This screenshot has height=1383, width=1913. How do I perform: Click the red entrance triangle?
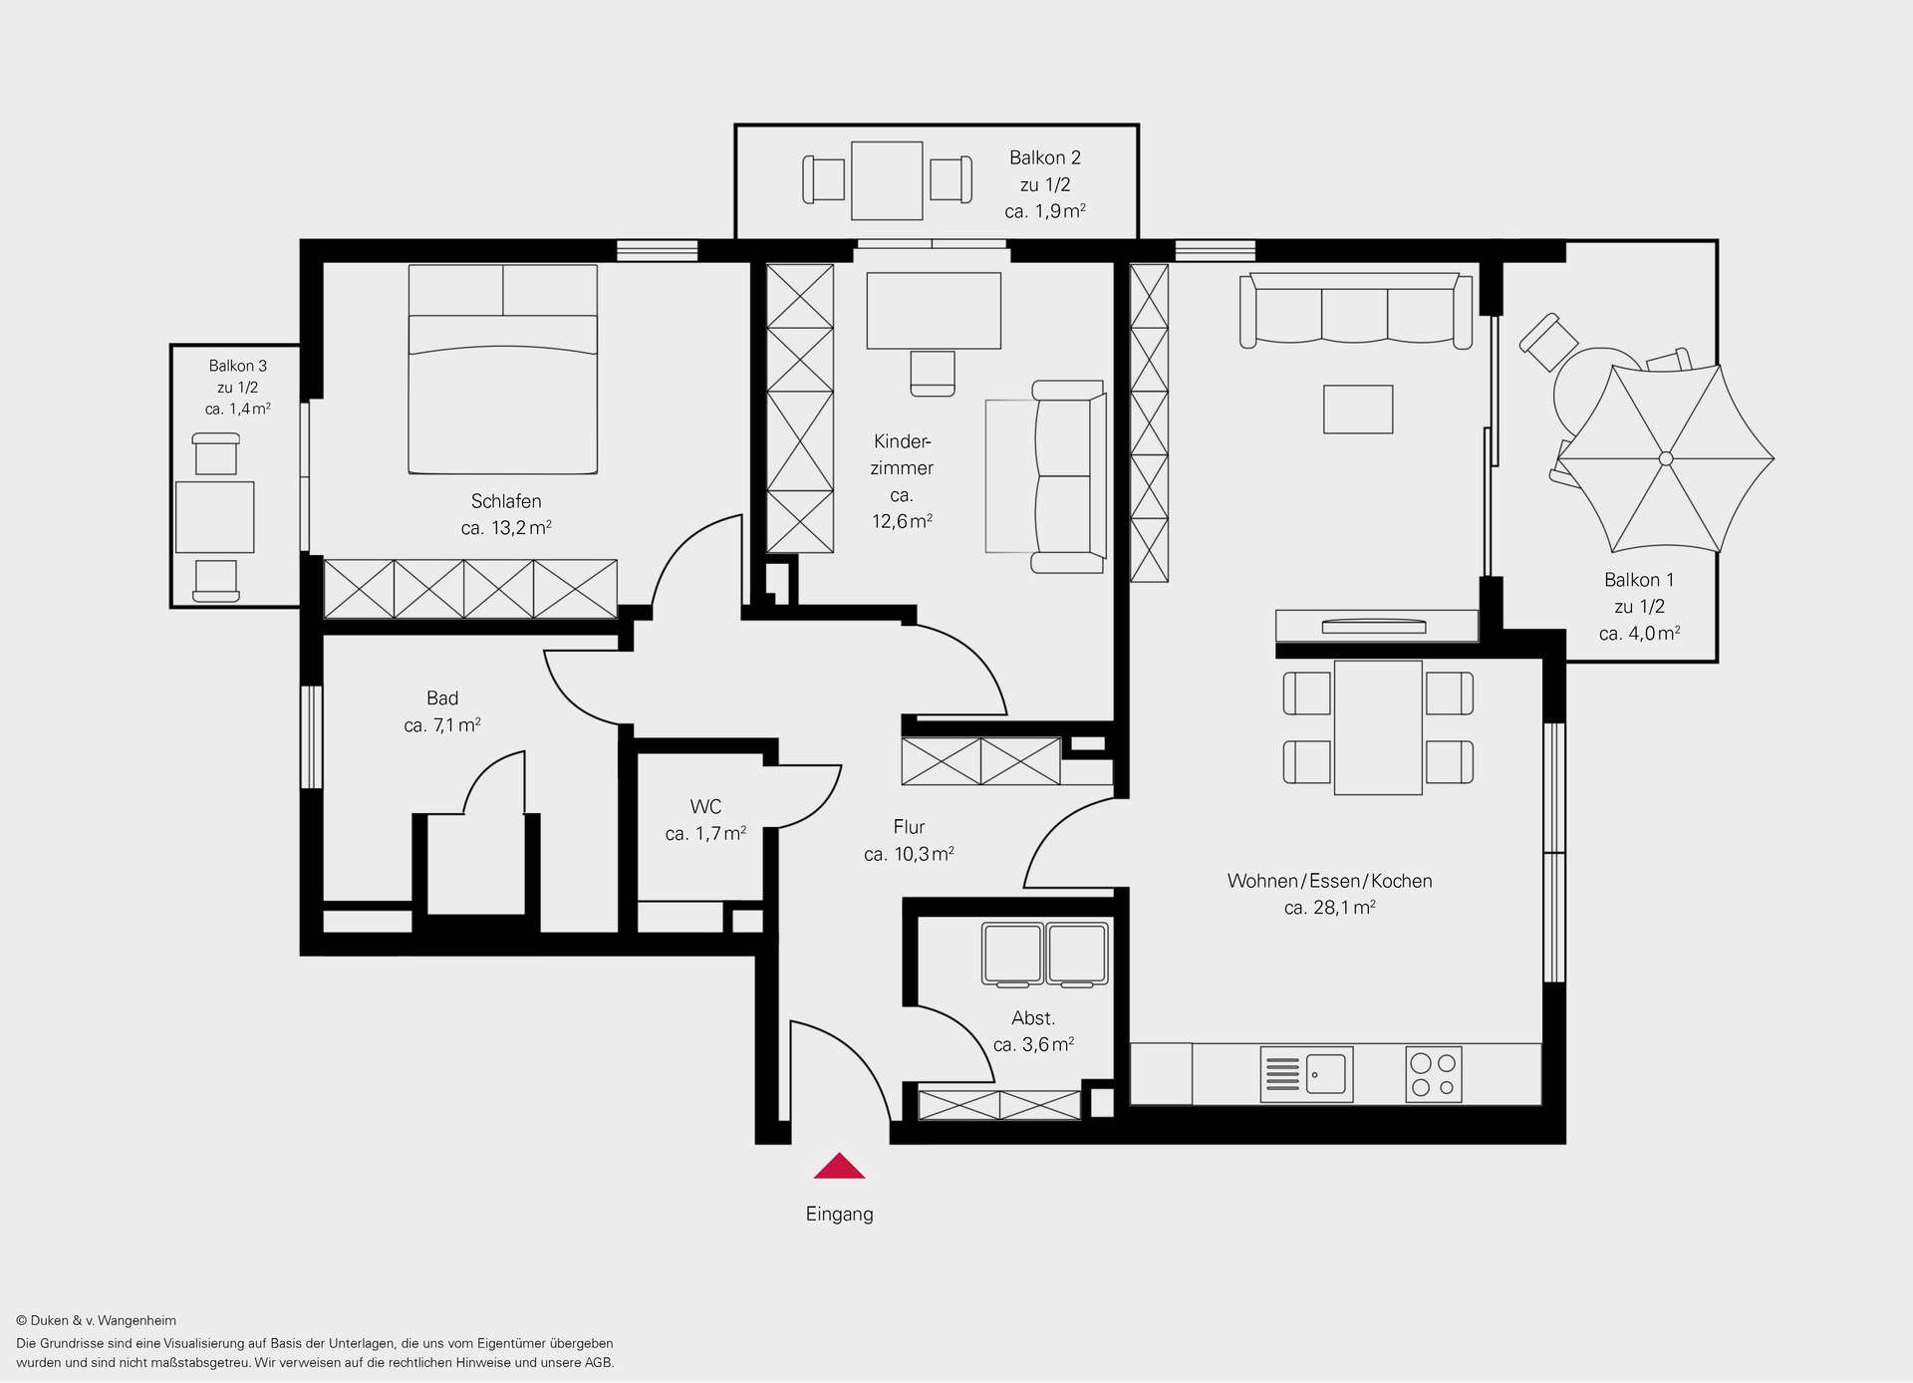coord(839,1167)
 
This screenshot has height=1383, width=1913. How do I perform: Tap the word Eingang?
coord(839,1215)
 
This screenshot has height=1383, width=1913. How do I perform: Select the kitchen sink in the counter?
coord(1306,1074)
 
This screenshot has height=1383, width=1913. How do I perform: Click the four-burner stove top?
coord(1434,1074)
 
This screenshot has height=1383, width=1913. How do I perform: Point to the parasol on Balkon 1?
coord(1666,458)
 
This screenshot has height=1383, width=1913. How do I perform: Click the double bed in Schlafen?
coord(503,369)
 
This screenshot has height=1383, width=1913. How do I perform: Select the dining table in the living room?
coord(1378,727)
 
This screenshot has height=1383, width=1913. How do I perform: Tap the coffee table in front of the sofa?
coord(1358,410)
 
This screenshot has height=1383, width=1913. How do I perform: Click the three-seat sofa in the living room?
coord(1356,309)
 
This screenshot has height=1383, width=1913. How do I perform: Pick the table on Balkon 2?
coord(887,180)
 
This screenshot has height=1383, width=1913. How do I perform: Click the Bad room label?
coord(442,698)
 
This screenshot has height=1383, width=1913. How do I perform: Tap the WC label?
coord(705,807)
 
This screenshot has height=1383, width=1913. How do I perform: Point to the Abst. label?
coord(1033,1018)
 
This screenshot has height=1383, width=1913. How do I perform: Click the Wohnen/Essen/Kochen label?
coord(1330,881)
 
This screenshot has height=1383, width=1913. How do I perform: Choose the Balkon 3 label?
coord(238,366)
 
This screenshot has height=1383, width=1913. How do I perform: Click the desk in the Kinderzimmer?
coord(934,311)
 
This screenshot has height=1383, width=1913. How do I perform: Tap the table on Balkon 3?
coord(215,517)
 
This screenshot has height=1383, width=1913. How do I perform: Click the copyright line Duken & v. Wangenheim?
coord(97,1321)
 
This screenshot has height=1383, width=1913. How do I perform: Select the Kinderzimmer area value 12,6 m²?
coord(902,521)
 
